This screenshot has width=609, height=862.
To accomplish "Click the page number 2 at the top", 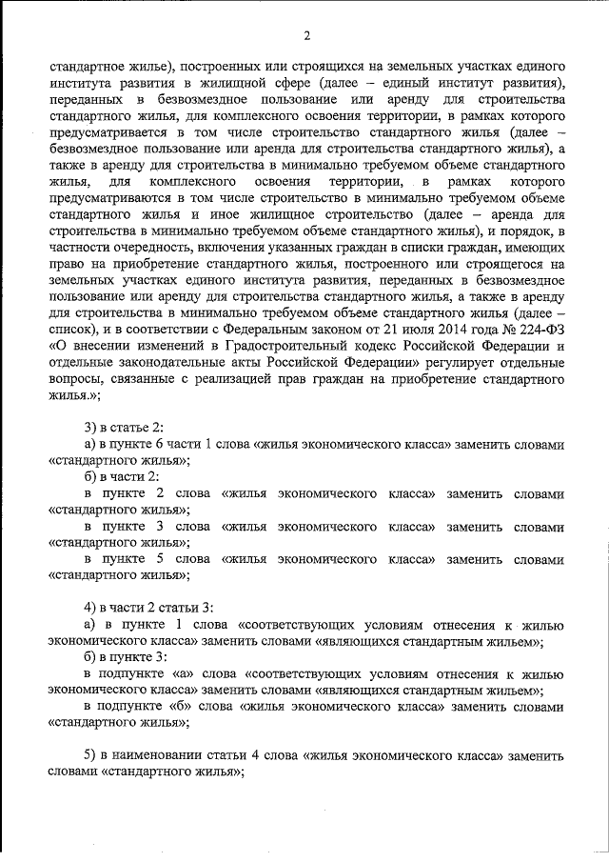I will tap(306, 36).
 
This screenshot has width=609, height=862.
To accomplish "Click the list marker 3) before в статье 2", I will tap(91, 428).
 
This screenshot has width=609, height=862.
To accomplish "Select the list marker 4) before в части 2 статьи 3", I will tap(91, 609).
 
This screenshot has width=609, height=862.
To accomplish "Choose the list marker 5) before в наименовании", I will tap(91, 755).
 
